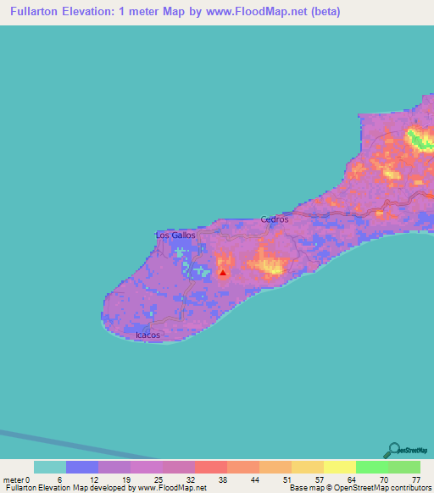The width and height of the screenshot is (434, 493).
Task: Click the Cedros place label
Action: tap(275, 219)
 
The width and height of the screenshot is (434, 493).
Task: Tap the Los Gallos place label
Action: tap(175, 235)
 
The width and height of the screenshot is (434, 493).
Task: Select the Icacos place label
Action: tap(148, 335)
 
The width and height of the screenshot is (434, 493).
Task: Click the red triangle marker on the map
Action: tap(223, 273)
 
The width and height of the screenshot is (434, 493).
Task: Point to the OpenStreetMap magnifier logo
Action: tap(392, 450)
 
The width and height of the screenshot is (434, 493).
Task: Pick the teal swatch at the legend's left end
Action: tap(50, 467)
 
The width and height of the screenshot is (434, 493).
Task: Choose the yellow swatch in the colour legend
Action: tap(340, 467)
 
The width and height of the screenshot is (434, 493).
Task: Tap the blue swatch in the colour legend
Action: tap(82, 467)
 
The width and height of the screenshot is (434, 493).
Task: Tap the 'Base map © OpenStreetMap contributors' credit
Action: tap(357, 488)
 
